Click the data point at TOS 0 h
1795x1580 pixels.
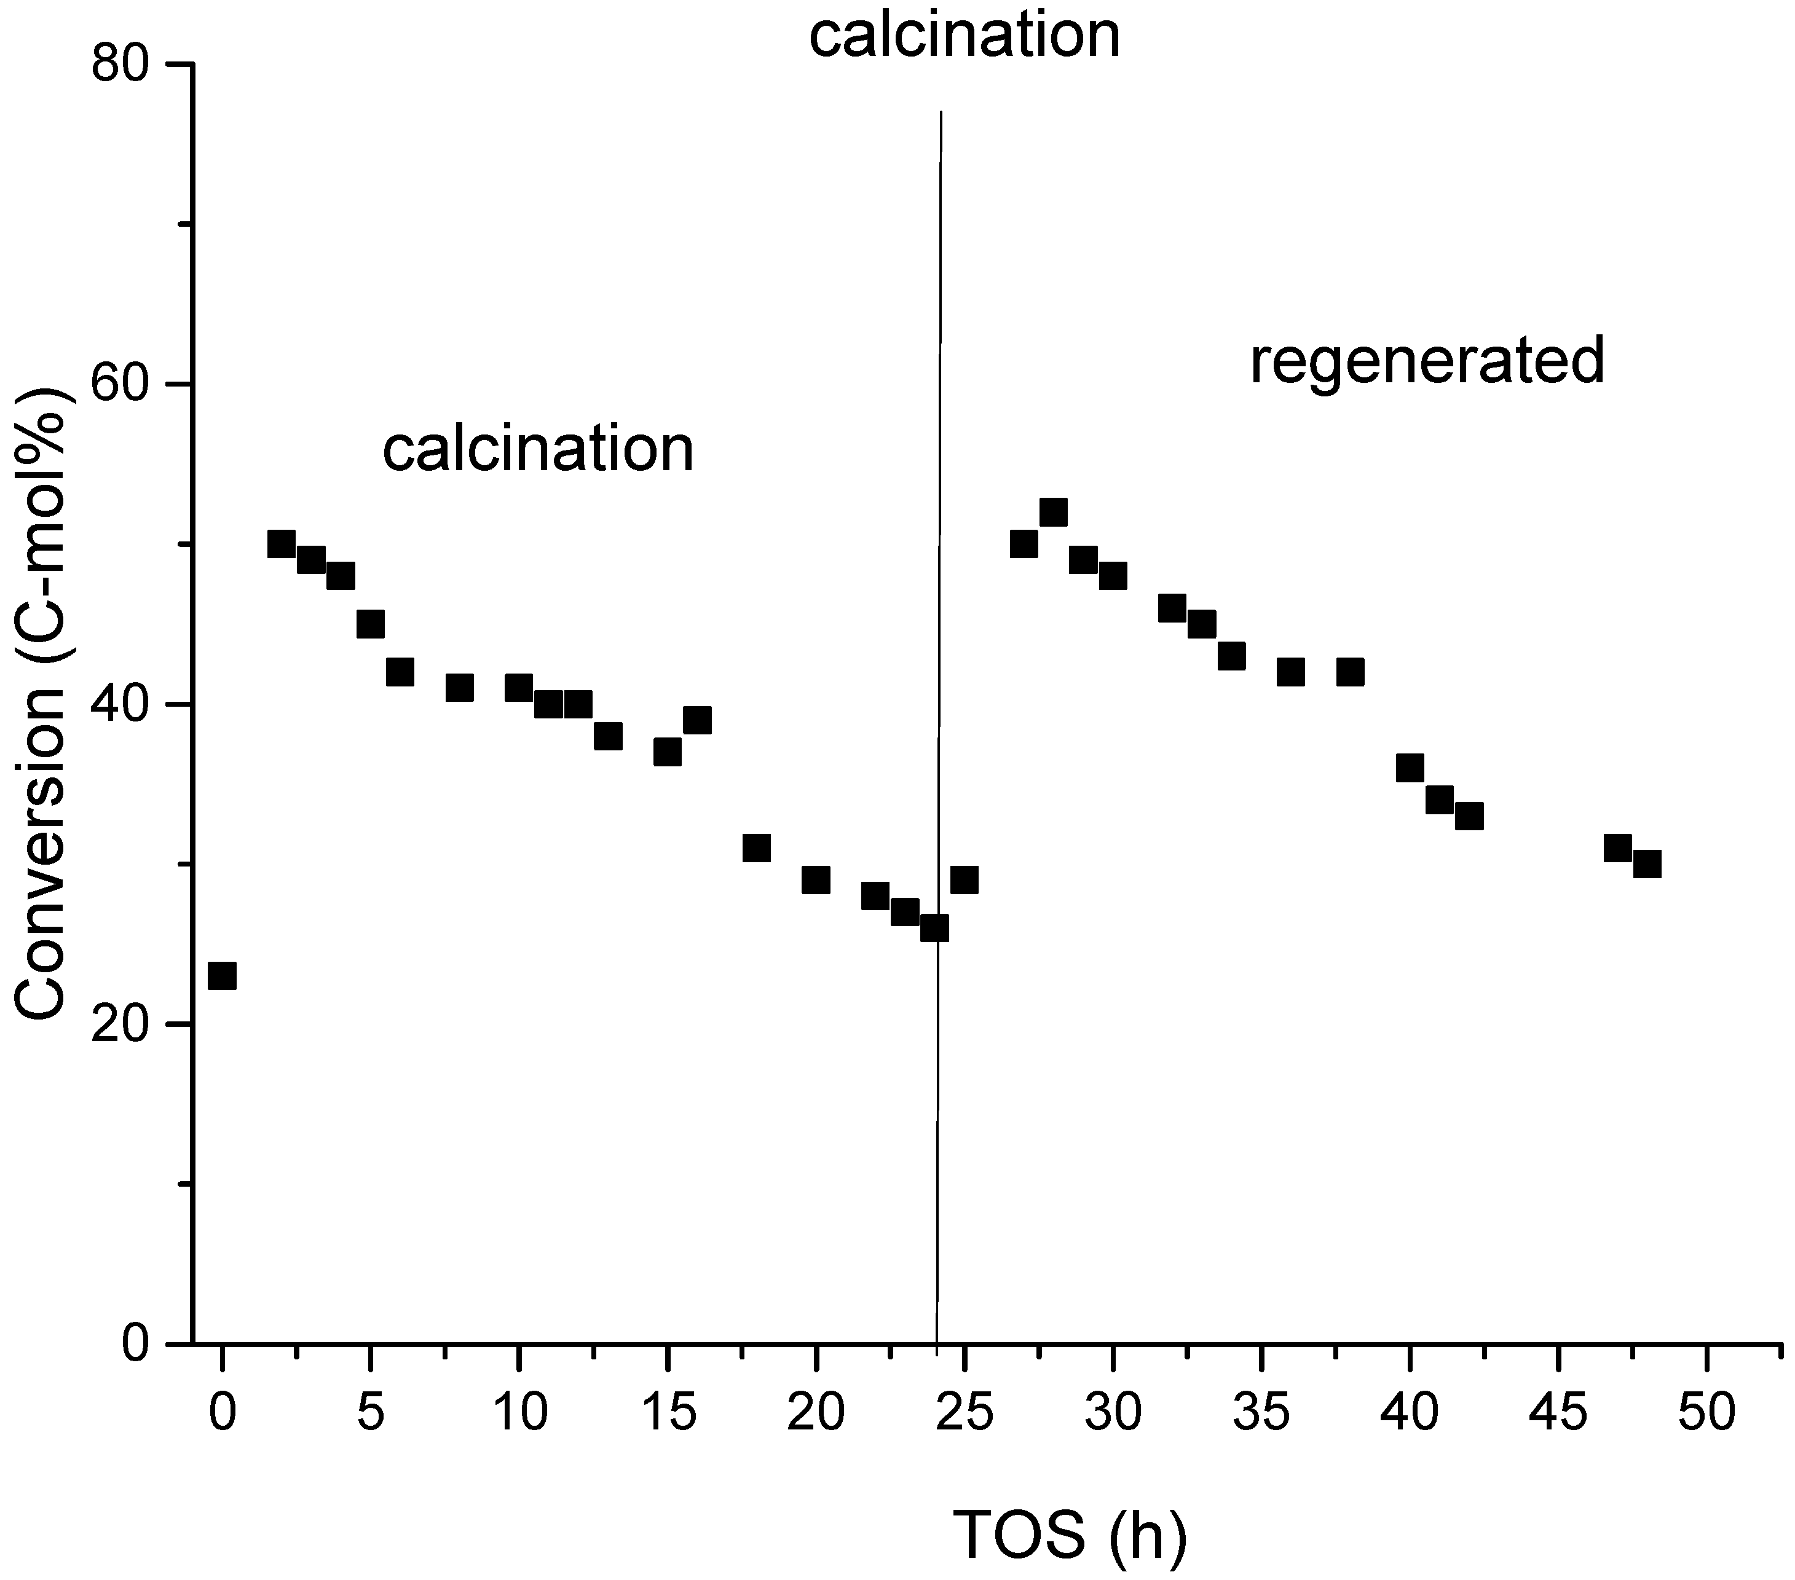point(222,975)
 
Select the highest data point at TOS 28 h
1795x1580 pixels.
point(1053,512)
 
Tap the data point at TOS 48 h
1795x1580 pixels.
point(1647,863)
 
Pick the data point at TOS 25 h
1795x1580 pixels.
point(965,879)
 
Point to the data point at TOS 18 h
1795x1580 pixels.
point(756,848)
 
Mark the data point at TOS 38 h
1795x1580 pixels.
point(1350,672)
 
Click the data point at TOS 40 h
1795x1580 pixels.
point(1410,768)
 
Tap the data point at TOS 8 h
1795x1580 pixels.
point(459,688)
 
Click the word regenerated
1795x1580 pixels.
point(1427,361)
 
